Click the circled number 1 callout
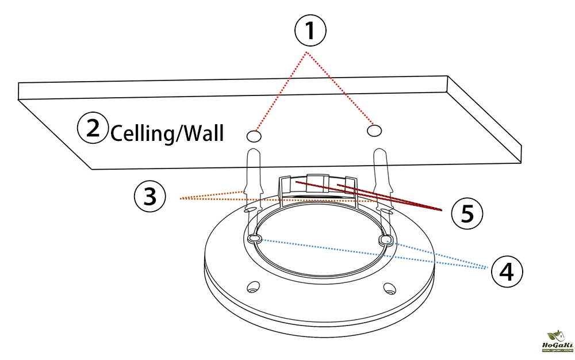(310, 30)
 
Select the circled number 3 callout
(149, 197)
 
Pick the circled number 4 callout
(507, 271)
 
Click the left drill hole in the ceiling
(253, 136)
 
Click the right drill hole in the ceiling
(374, 131)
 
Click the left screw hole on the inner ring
(255, 238)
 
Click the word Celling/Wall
(166, 134)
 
